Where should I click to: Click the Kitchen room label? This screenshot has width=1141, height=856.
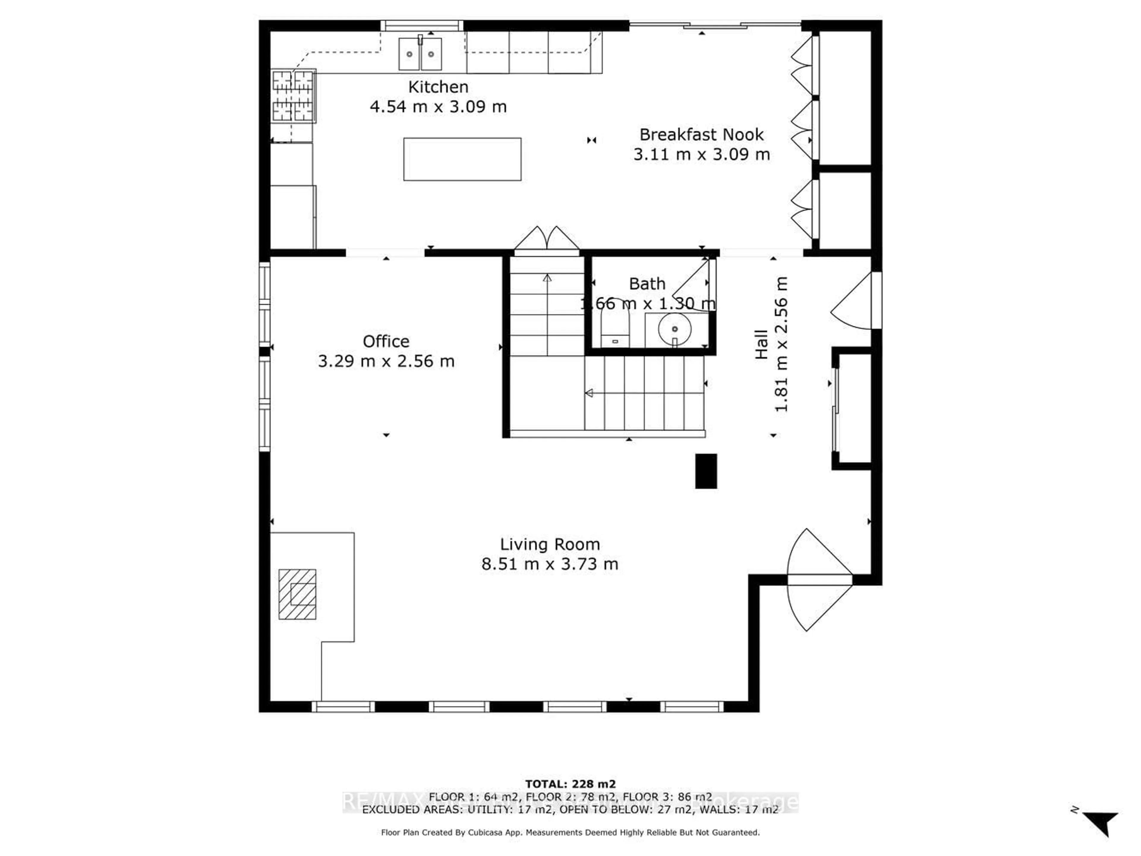[438, 87]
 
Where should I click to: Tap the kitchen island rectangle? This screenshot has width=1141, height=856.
[462, 159]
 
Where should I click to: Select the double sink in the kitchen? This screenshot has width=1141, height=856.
[420, 53]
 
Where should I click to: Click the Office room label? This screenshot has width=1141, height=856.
[386, 341]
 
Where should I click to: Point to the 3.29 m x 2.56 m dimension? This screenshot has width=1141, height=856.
[386, 361]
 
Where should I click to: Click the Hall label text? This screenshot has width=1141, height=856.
[761, 344]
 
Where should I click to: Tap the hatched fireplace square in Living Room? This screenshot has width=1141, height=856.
[297, 594]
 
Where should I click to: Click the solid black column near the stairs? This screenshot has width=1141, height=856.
[706, 471]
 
